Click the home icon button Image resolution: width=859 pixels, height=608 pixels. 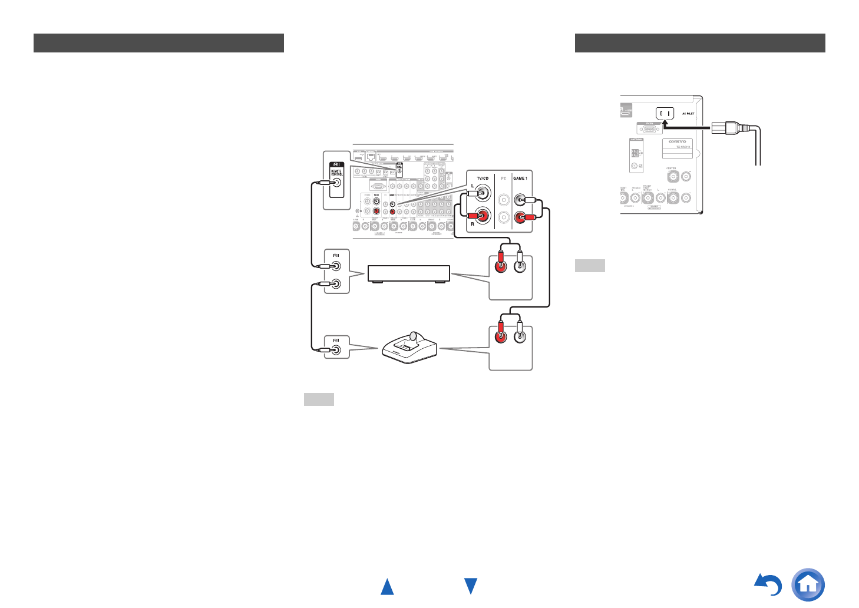808,584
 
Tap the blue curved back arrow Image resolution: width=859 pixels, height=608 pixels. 769,585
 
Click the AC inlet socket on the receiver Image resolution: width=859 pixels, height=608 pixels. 665,113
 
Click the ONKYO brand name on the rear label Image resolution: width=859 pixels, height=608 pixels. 677,141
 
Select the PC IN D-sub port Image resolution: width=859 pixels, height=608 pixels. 649,128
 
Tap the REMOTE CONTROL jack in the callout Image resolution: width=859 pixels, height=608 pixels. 337,183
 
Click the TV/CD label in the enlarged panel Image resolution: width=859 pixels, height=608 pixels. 483,178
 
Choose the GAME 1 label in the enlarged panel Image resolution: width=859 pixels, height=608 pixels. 520,178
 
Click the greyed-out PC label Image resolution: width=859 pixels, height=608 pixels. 504,178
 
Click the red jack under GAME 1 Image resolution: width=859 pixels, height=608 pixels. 520,218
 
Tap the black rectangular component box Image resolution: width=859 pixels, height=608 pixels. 409,273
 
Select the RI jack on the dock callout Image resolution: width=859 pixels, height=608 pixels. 336,350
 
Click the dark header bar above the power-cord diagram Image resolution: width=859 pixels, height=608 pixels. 700,43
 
